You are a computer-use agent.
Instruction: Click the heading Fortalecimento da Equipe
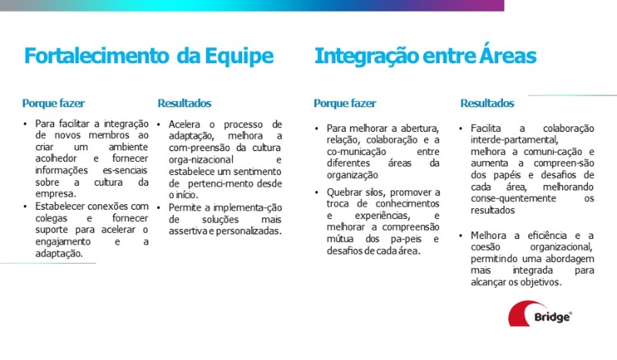148,56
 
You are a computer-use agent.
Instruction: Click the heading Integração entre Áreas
425,56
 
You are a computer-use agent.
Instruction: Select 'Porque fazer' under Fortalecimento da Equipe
53,103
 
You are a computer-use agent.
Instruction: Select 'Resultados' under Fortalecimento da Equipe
184,103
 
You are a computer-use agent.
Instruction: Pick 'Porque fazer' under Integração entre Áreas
345,103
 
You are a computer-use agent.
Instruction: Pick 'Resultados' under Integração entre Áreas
487,103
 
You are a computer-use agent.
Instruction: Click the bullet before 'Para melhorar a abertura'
317,128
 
